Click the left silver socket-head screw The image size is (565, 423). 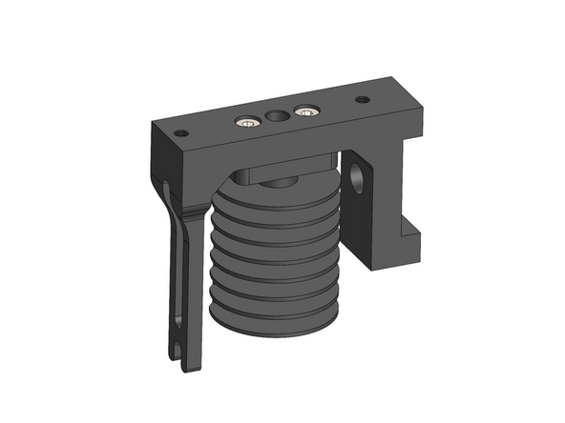248,121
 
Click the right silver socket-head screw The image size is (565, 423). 304,111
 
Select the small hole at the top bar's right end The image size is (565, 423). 363,99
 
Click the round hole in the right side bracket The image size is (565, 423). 360,176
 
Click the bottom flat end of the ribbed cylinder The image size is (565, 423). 277,324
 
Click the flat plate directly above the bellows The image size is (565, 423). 286,171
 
